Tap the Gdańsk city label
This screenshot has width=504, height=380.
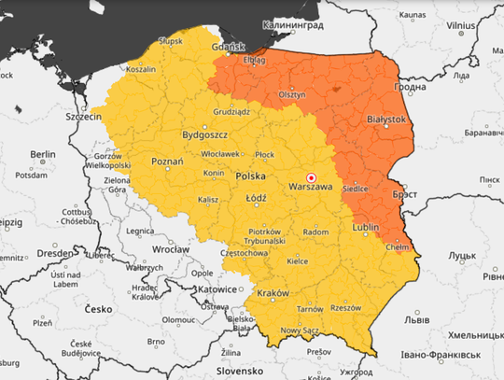click(x=228, y=48)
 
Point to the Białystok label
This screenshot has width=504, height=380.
click(x=386, y=120)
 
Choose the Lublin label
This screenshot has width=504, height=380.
click(x=367, y=227)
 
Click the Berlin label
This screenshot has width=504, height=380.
click(x=42, y=154)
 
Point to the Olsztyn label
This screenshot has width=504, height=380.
click(x=291, y=94)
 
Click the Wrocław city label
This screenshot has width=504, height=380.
click(x=171, y=249)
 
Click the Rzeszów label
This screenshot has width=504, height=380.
click(x=345, y=307)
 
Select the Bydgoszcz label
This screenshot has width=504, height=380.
click(x=206, y=135)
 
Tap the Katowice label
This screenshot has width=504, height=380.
click(x=217, y=289)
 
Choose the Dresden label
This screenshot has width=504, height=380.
click(x=56, y=253)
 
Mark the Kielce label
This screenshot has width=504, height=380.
click(x=298, y=262)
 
